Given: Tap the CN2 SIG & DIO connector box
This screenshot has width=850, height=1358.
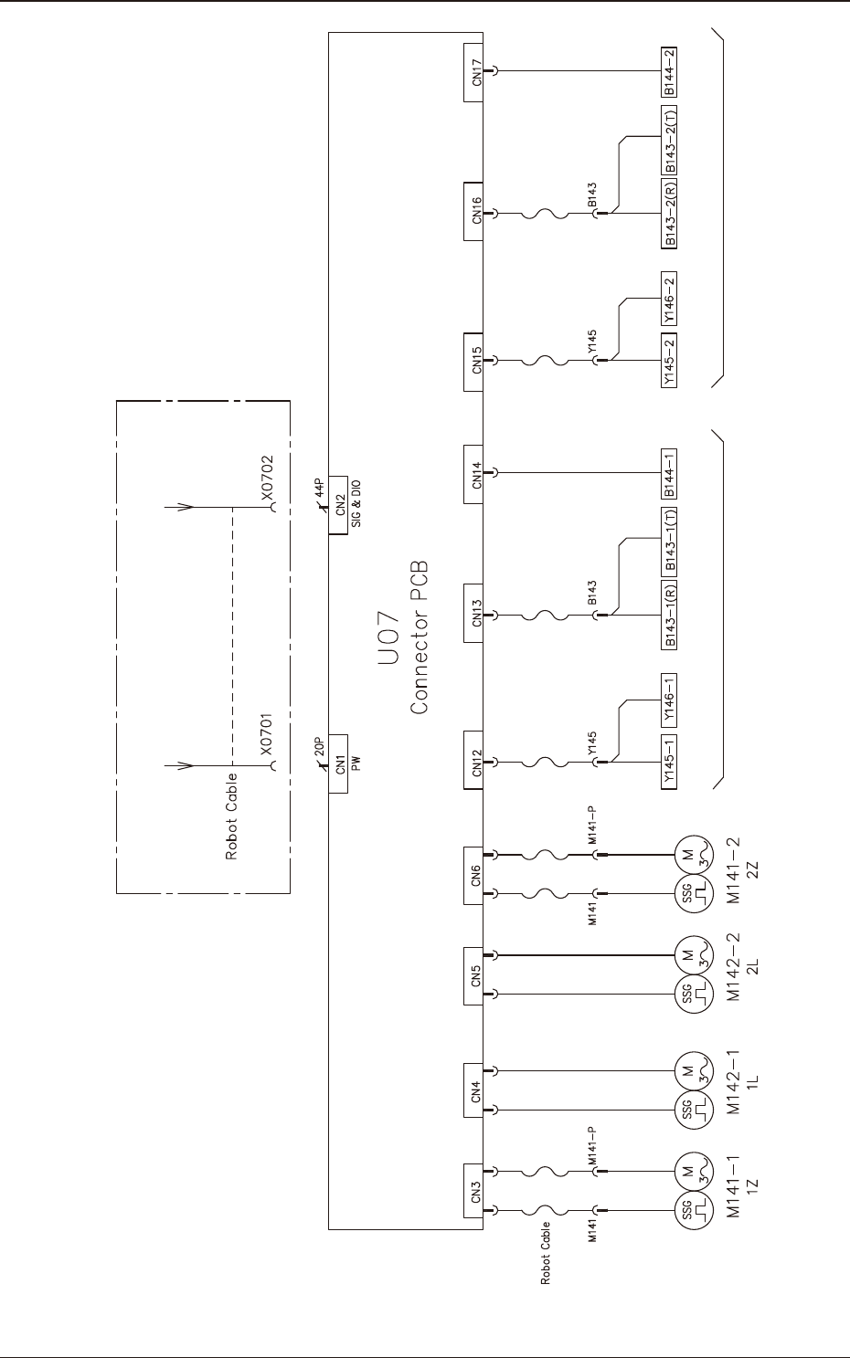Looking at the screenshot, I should point(339,505).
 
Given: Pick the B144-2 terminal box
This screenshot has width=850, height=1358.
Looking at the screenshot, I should point(669,71).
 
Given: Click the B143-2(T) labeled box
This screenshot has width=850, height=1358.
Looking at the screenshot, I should point(669,139).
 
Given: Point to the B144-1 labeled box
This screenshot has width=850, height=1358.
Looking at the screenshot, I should point(669,473).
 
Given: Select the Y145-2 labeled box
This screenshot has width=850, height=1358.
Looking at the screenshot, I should point(669,361).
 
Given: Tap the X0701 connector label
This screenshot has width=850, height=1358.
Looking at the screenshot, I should point(266,735).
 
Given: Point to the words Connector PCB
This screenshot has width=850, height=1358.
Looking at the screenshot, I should point(420,637).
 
